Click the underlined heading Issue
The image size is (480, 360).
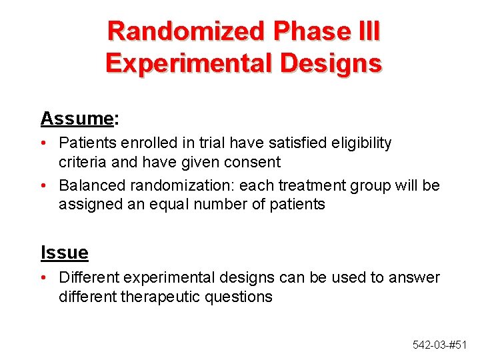64,253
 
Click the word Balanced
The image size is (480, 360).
88,185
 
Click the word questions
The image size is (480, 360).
241,296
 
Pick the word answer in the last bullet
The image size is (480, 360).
417,277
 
